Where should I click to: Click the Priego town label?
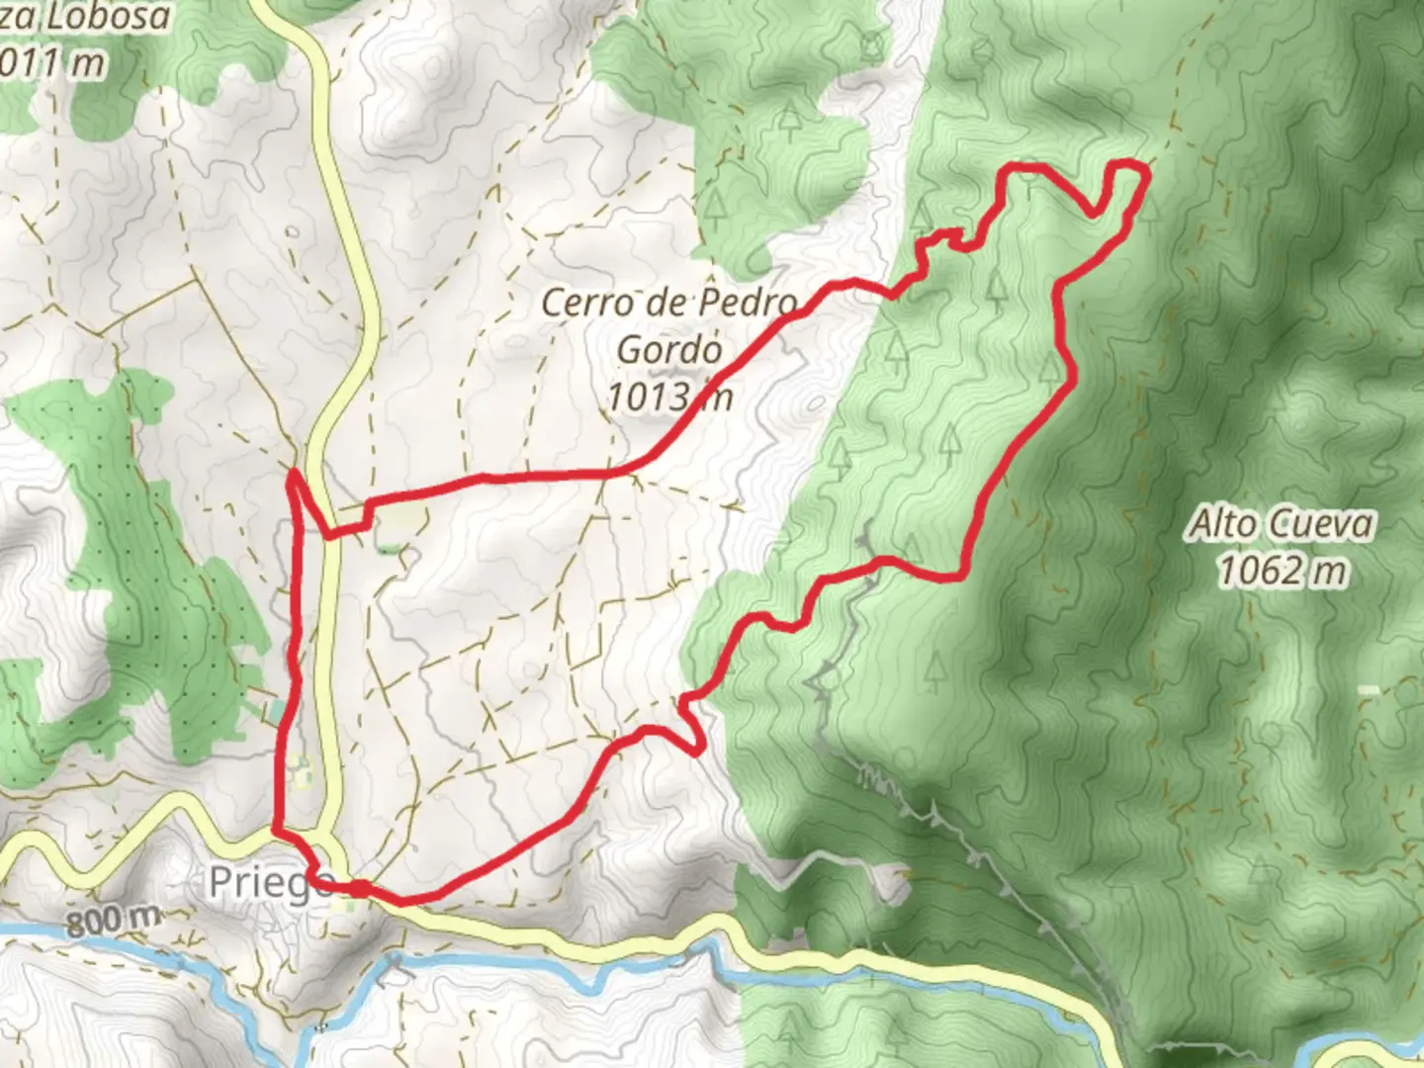(269, 883)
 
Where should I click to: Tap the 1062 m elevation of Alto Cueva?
(1282, 571)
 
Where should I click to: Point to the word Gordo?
(668, 349)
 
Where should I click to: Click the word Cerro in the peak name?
(587, 303)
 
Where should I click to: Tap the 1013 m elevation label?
(668, 397)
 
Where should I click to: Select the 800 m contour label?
(114, 921)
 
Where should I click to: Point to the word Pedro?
(749, 303)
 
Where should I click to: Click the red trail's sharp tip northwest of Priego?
(293, 475)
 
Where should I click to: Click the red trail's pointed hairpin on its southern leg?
(700, 751)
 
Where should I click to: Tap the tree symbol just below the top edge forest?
(788, 119)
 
